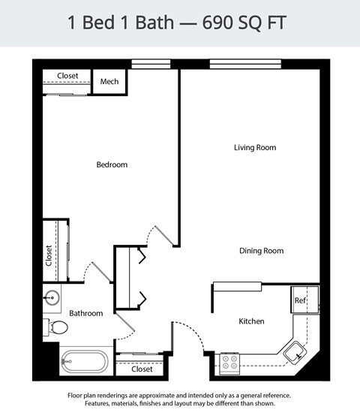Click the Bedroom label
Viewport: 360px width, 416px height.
[x=112, y=164]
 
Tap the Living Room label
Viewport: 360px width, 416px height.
[x=255, y=147]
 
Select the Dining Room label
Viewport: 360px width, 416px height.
[x=261, y=251]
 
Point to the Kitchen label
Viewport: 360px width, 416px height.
[x=251, y=321]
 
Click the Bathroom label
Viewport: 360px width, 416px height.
[x=85, y=313]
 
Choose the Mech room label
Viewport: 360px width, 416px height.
[x=109, y=82]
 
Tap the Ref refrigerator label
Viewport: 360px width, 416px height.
[x=300, y=300]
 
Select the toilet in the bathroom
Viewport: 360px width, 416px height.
[x=57, y=327]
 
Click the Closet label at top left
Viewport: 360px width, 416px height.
[x=67, y=76]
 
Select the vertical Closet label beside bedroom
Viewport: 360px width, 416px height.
[x=49, y=256]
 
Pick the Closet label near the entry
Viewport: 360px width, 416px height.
[x=142, y=369]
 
